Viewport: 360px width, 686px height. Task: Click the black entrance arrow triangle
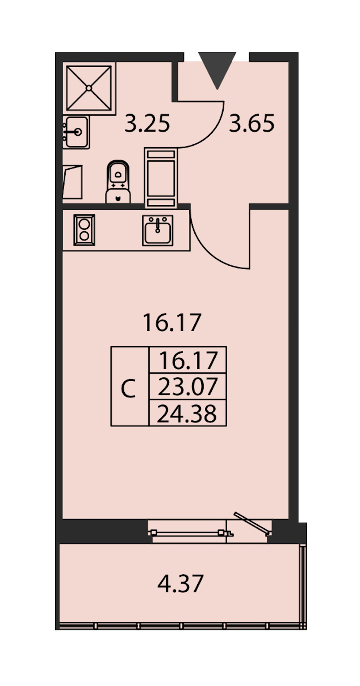(x=217, y=68)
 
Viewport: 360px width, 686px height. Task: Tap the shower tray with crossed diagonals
(x=89, y=88)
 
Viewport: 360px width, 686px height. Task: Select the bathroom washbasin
(x=76, y=132)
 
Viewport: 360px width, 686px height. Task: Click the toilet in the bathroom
(x=118, y=182)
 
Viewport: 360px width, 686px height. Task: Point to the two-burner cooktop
(x=84, y=230)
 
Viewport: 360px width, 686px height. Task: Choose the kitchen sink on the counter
(x=158, y=230)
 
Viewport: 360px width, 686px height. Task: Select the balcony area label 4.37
(x=180, y=584)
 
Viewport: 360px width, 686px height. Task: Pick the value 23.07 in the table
(x=188, y=386)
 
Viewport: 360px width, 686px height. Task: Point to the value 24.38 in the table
(x=187, y=414)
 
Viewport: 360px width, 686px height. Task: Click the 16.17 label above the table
(x=172, y=323)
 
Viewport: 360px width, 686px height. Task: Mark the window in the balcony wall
(x=190, y=532)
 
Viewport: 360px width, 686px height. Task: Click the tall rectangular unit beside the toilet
(x=161, y=178)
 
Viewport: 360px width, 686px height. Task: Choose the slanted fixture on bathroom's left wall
(x=72, y=182)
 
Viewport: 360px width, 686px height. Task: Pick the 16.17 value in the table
(x=188, y=360)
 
